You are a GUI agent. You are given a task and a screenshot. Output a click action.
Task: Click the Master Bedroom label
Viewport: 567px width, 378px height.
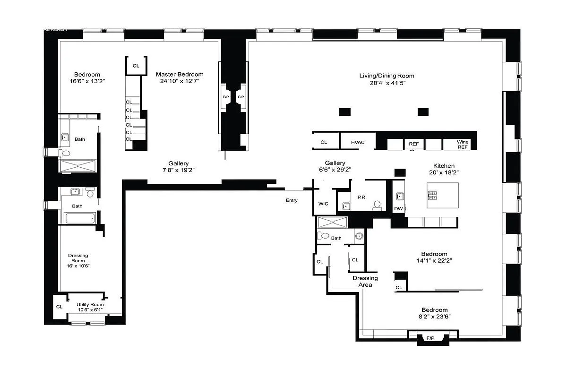tap(180, 74)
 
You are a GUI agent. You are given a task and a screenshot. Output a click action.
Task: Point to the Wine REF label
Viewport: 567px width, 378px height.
tap(462, 144)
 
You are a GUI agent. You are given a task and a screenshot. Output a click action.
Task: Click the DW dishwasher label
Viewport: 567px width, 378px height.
tap(398, 208)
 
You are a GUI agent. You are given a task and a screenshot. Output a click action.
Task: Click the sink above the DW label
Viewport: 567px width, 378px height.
tap(398, 196)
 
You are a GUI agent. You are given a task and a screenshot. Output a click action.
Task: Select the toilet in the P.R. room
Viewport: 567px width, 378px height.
tap(377, 205)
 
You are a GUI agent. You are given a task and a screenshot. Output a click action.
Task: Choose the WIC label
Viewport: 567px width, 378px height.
tap(323, 204)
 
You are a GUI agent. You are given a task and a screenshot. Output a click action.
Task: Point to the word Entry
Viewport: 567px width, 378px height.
tap(292, 200)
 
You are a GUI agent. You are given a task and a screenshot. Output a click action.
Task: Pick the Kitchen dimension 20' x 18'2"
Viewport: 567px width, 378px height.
tap(444, 172)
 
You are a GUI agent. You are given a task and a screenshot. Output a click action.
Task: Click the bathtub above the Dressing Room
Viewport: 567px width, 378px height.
tap(80, 218)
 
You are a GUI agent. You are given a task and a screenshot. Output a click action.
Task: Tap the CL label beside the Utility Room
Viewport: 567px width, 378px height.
tap(59, 307)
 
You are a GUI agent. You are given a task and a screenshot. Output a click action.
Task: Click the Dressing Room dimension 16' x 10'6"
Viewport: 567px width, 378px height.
tap(78, 266)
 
